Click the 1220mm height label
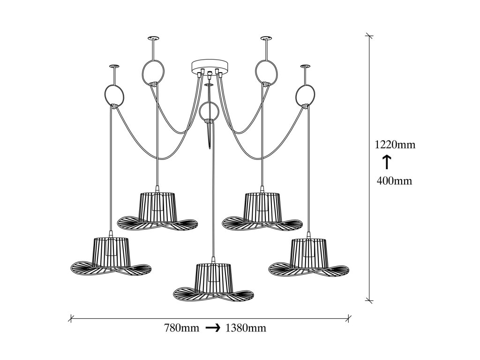pos(395,144)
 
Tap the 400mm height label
pos(395,180)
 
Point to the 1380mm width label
pos(246,328)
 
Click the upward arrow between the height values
pos(387,162)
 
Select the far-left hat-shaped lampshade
pos(111,256)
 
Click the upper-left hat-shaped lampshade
pos(157,210)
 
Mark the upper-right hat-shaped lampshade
pos(262,210)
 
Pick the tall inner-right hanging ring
pos(266,72)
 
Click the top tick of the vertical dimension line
pos(370,35)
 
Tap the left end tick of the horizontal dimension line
pos(71,318)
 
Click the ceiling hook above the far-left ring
pos(114,67)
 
